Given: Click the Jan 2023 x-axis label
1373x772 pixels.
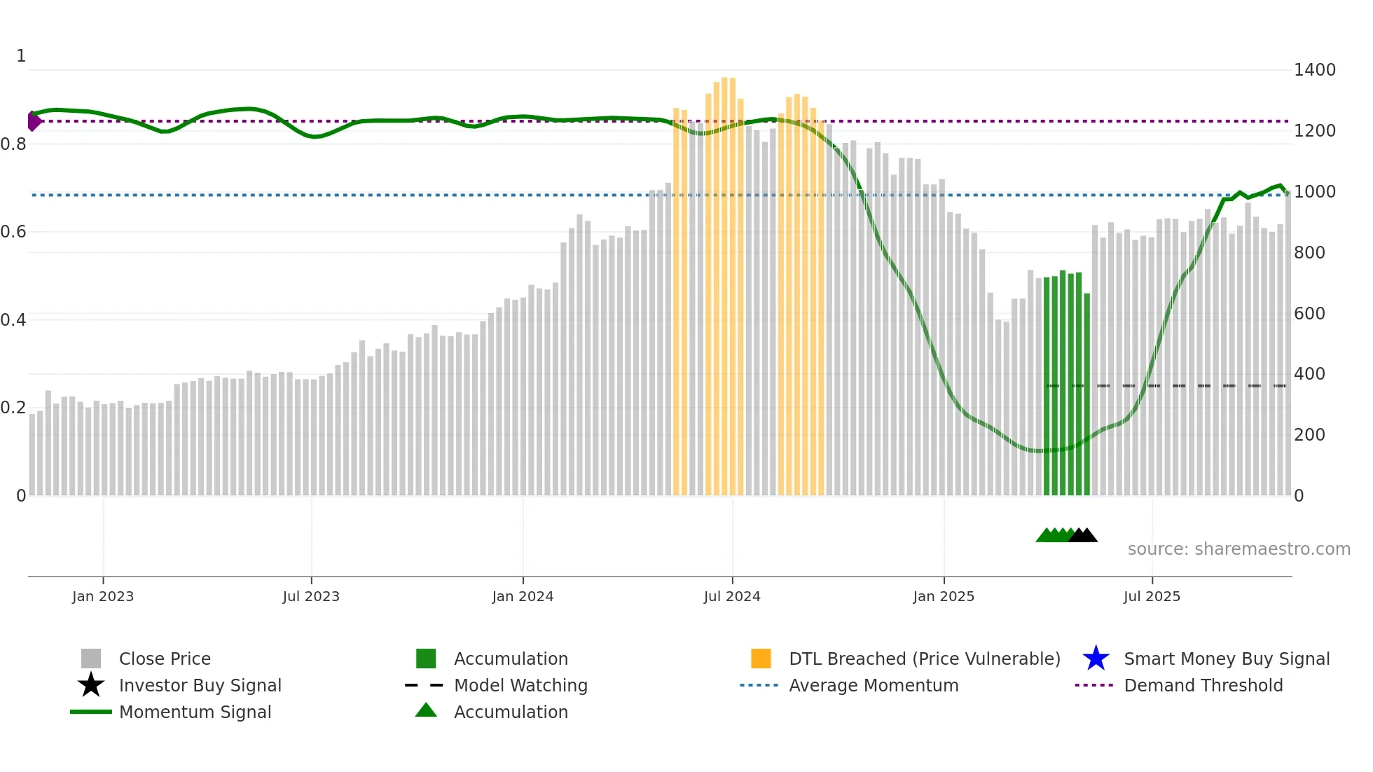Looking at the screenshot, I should [x=102, y=596].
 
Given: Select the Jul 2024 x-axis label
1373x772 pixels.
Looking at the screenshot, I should [x=732, y=596].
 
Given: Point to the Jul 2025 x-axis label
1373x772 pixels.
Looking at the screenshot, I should [x=1152, y=596].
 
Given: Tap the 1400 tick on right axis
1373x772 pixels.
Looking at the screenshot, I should [x=1314, y=70].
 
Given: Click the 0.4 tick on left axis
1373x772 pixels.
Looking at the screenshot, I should [x=14, y=320].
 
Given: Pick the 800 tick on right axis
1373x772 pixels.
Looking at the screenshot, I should [x=1309, y=252].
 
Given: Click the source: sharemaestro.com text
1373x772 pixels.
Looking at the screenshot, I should [x=1239, y=549].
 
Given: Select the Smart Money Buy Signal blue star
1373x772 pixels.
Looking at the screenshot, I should [x=1096, y=659].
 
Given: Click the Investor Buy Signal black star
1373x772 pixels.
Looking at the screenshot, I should [x=91, y=685].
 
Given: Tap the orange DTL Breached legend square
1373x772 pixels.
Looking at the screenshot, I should [x=761, y=659].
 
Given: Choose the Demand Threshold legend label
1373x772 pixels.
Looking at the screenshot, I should [x=1203, y=685].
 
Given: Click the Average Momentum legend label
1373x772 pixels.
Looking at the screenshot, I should [x=874, y=685].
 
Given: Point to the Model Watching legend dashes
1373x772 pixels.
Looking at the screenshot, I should [x=424, y=685].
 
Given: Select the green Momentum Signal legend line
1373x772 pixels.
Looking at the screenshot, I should [x=91, y=712].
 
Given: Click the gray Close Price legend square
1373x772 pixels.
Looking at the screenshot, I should [x=91, y=659].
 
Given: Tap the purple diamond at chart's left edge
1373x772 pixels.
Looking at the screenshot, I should [x=33, y=121].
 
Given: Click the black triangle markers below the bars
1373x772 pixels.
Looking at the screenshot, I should [x=1084, y=535].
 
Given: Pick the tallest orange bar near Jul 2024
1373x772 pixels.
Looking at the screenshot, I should [x=725, y=280].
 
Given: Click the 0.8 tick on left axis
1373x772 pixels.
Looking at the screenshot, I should [x=14, y=144].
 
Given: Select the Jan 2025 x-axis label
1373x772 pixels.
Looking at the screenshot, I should [x=943, y=596].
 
